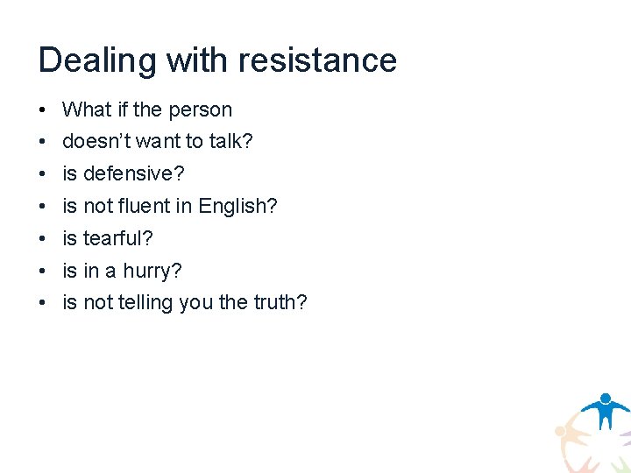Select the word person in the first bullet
coord(200,110)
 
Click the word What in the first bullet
coord(88,110)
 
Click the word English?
coord(238,207)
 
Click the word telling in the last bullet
coord(141,303)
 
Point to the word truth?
coord(280,303)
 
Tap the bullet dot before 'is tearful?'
coord(42,239)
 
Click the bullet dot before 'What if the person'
coord(42,111)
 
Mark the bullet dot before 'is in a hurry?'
coord(42,272)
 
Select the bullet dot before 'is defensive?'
coord(42,175)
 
